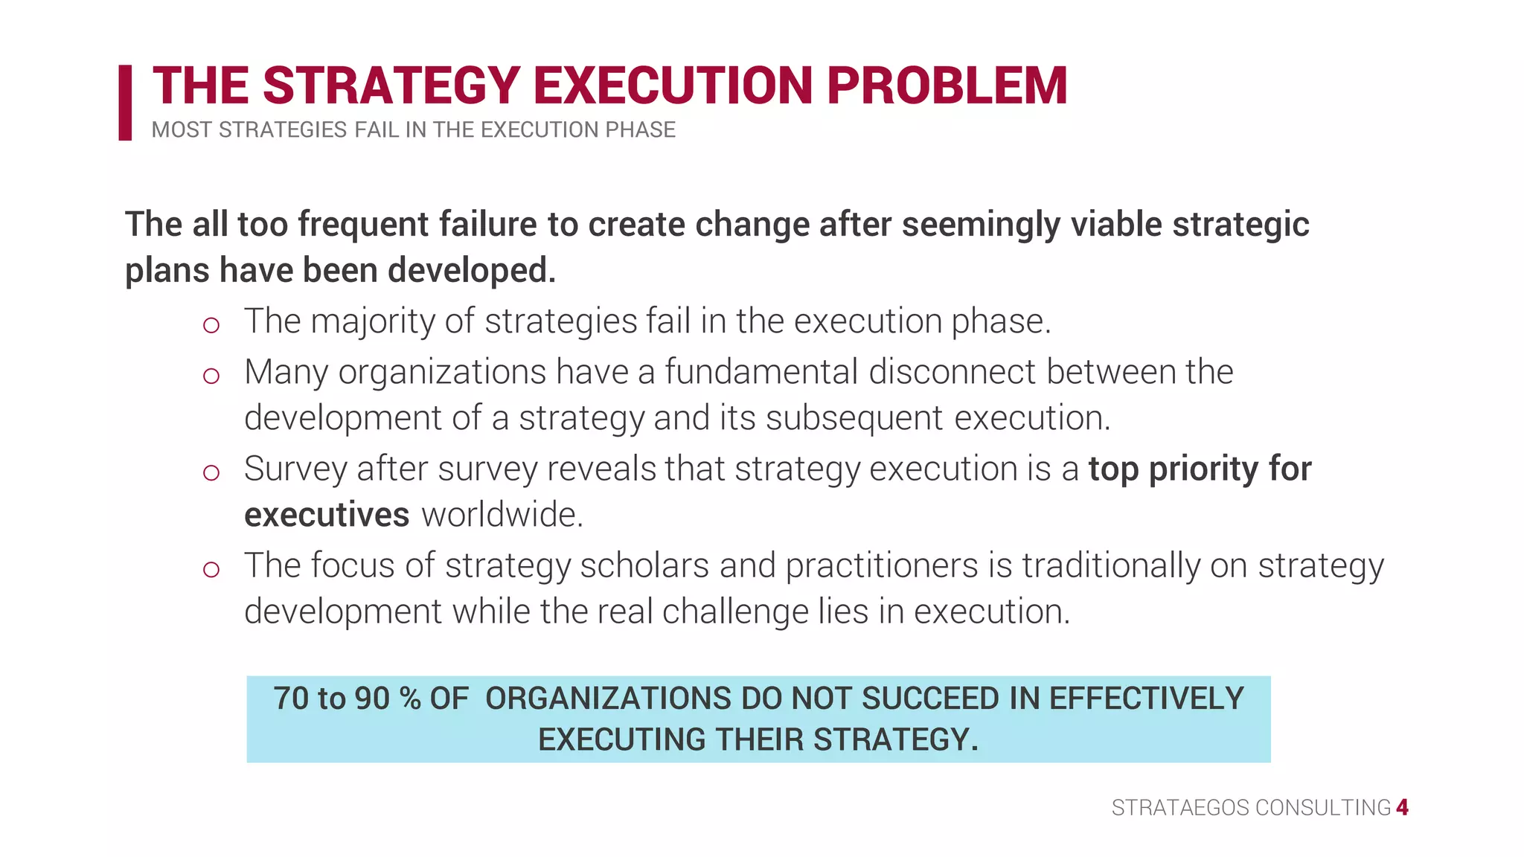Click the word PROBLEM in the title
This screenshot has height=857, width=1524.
point(947,86)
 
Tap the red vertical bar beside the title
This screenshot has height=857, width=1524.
point(125,103)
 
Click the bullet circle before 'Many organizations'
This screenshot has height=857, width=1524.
point(211,376)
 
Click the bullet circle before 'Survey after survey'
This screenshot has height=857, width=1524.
point(211,472)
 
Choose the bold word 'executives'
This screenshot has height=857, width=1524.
point(327,515)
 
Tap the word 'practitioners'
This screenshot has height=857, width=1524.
point(882,565)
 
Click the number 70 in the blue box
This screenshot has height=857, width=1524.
point(291,699)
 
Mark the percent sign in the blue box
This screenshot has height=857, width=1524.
point(410,699)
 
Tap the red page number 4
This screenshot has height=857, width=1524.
point(1402,808)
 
